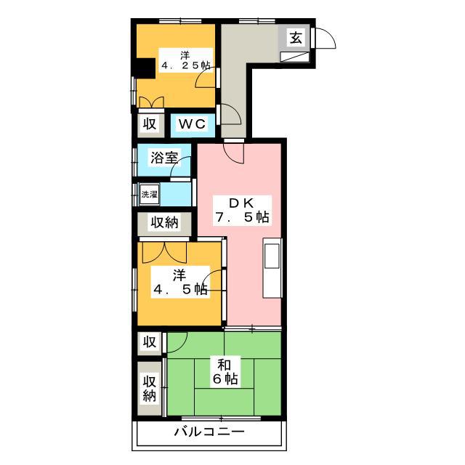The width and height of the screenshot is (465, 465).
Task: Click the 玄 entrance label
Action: [x=296, y=37]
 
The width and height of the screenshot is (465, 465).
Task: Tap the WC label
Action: [x=192, y=124]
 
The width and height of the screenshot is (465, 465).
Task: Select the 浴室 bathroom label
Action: [x=164, y=158]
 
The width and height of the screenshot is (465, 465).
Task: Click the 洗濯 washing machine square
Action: [x=150, y=194]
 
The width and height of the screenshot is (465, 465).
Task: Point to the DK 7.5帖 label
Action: [x=242, y=210]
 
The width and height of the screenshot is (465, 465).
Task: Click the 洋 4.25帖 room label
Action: [x=186, y=60]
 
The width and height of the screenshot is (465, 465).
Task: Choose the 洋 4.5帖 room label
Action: [x=180, y=282]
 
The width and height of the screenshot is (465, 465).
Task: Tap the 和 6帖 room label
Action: [x=225, y=372]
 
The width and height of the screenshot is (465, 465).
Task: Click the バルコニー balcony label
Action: [x=209, y=432]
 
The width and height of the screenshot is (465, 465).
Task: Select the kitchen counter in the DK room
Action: [x=272, y=267]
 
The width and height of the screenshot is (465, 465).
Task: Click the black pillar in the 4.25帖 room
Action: [x=146, y=68]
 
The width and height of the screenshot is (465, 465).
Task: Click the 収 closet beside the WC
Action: [x=151, y=124]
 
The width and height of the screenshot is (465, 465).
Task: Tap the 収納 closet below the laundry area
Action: [x=164, y=223]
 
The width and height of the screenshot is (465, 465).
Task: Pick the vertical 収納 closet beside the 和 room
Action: [x=150, y=388]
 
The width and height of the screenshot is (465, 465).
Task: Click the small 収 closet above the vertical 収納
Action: [x=150, y=343]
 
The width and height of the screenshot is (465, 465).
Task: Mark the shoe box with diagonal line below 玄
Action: [x=295, y=57]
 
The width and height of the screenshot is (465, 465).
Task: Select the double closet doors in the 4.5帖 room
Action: [x=165, y=253]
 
